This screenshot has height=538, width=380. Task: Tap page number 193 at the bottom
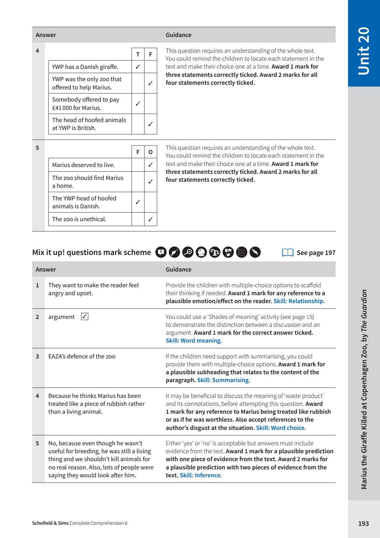(x=363, y=523)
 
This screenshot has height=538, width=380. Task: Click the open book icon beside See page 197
(x=288, y=252)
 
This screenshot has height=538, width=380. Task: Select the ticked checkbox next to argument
(x=85, y=316)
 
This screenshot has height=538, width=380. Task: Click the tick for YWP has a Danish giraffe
(x=138, y=67)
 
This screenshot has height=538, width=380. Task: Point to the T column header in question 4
(x=138, y=54)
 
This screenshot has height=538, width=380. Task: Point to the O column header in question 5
(x=150, y=152)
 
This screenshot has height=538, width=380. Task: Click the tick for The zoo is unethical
(x=150, y=219)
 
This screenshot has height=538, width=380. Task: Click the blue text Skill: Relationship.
(x=299, y=301)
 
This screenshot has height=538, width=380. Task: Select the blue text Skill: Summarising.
(x=224, y=380)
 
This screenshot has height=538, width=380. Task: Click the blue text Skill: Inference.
(x=201, y=475)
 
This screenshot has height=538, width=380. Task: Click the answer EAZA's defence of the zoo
(x=82, y=356)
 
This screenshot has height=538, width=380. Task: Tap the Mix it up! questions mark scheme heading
(x=92, y=252)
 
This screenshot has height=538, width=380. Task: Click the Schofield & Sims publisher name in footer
(x=50, y=523)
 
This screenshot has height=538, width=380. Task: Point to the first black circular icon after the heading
(x=161, y=252)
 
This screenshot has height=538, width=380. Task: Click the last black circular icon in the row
(x=255, y=252)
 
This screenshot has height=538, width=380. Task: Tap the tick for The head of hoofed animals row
(x=150, y=124)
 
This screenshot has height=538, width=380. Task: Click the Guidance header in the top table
(x=178, y=35)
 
